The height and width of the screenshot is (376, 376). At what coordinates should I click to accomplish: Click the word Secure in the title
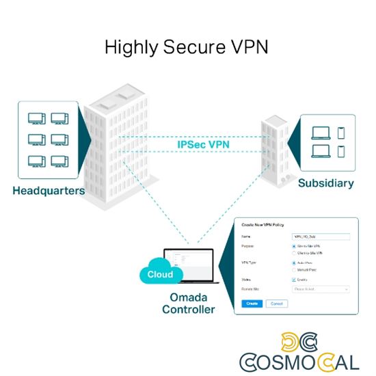coord(187,47)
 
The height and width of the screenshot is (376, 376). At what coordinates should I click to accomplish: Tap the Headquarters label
coord(49,191)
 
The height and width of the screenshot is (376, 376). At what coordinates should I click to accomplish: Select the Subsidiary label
coord(325,183)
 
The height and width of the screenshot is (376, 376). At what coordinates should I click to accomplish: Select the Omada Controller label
coord(188,304)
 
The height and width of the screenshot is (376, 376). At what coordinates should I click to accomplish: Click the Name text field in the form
coord(321,236)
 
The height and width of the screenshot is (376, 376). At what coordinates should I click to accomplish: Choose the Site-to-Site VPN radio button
coord(294,245)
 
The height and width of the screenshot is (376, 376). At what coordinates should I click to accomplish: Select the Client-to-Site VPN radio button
coord(294,253)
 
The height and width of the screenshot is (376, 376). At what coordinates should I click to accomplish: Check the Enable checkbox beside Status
coord(294,279)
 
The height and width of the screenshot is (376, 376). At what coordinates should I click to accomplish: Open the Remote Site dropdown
coord(321,289)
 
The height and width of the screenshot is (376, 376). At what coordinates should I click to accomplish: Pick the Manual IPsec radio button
coord(294,269)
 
